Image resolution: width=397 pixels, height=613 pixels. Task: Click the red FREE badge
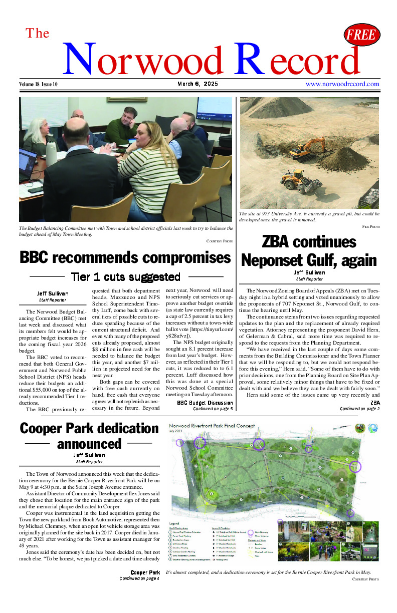point(362,35)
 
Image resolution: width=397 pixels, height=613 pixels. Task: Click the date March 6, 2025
point(197,84)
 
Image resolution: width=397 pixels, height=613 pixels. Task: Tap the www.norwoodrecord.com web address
point(342,84)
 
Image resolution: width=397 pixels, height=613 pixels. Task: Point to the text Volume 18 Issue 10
point(38,85)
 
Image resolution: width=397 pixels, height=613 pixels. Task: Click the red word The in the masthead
point(38,33)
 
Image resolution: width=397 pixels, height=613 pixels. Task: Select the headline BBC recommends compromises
point(125,258)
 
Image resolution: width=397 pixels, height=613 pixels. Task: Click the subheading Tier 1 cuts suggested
point(126,277)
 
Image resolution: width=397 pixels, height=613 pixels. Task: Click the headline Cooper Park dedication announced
point(89,436)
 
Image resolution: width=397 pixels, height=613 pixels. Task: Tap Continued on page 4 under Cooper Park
point(139,578)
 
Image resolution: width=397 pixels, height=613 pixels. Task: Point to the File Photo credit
point(370,227)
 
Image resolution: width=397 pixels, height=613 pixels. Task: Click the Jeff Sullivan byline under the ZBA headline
point(309,272)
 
